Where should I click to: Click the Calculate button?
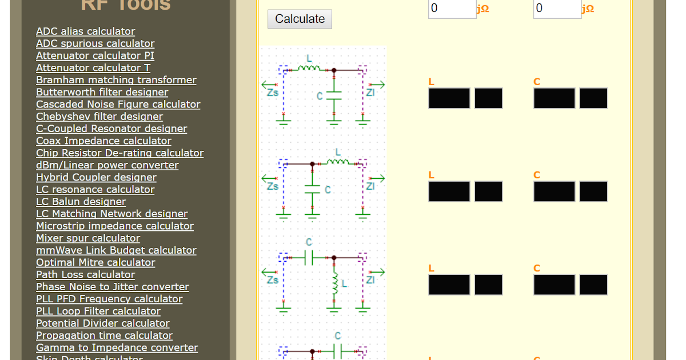[300, 19]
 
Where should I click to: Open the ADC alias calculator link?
[86, 31]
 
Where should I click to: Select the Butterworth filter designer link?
[102, 92]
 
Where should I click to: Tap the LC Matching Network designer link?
[111, 214]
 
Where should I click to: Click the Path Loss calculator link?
[85, 274]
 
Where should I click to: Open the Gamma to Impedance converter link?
[117, 347]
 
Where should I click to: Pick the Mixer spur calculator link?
[87, 238]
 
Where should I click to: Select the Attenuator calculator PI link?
[95, 55]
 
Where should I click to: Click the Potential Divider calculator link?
[103, 323]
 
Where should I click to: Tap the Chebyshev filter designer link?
[99, 117]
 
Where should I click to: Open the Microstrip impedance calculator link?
[114, 226]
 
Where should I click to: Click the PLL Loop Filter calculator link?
[98, 311]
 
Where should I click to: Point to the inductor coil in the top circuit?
[309, 68]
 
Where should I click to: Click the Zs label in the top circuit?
[273, 93]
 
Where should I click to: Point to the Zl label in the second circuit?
[370, 186]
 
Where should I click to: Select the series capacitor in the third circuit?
[309, 258]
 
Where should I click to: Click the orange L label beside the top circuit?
[432, 82]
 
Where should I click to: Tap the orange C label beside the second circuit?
[537, 175]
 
